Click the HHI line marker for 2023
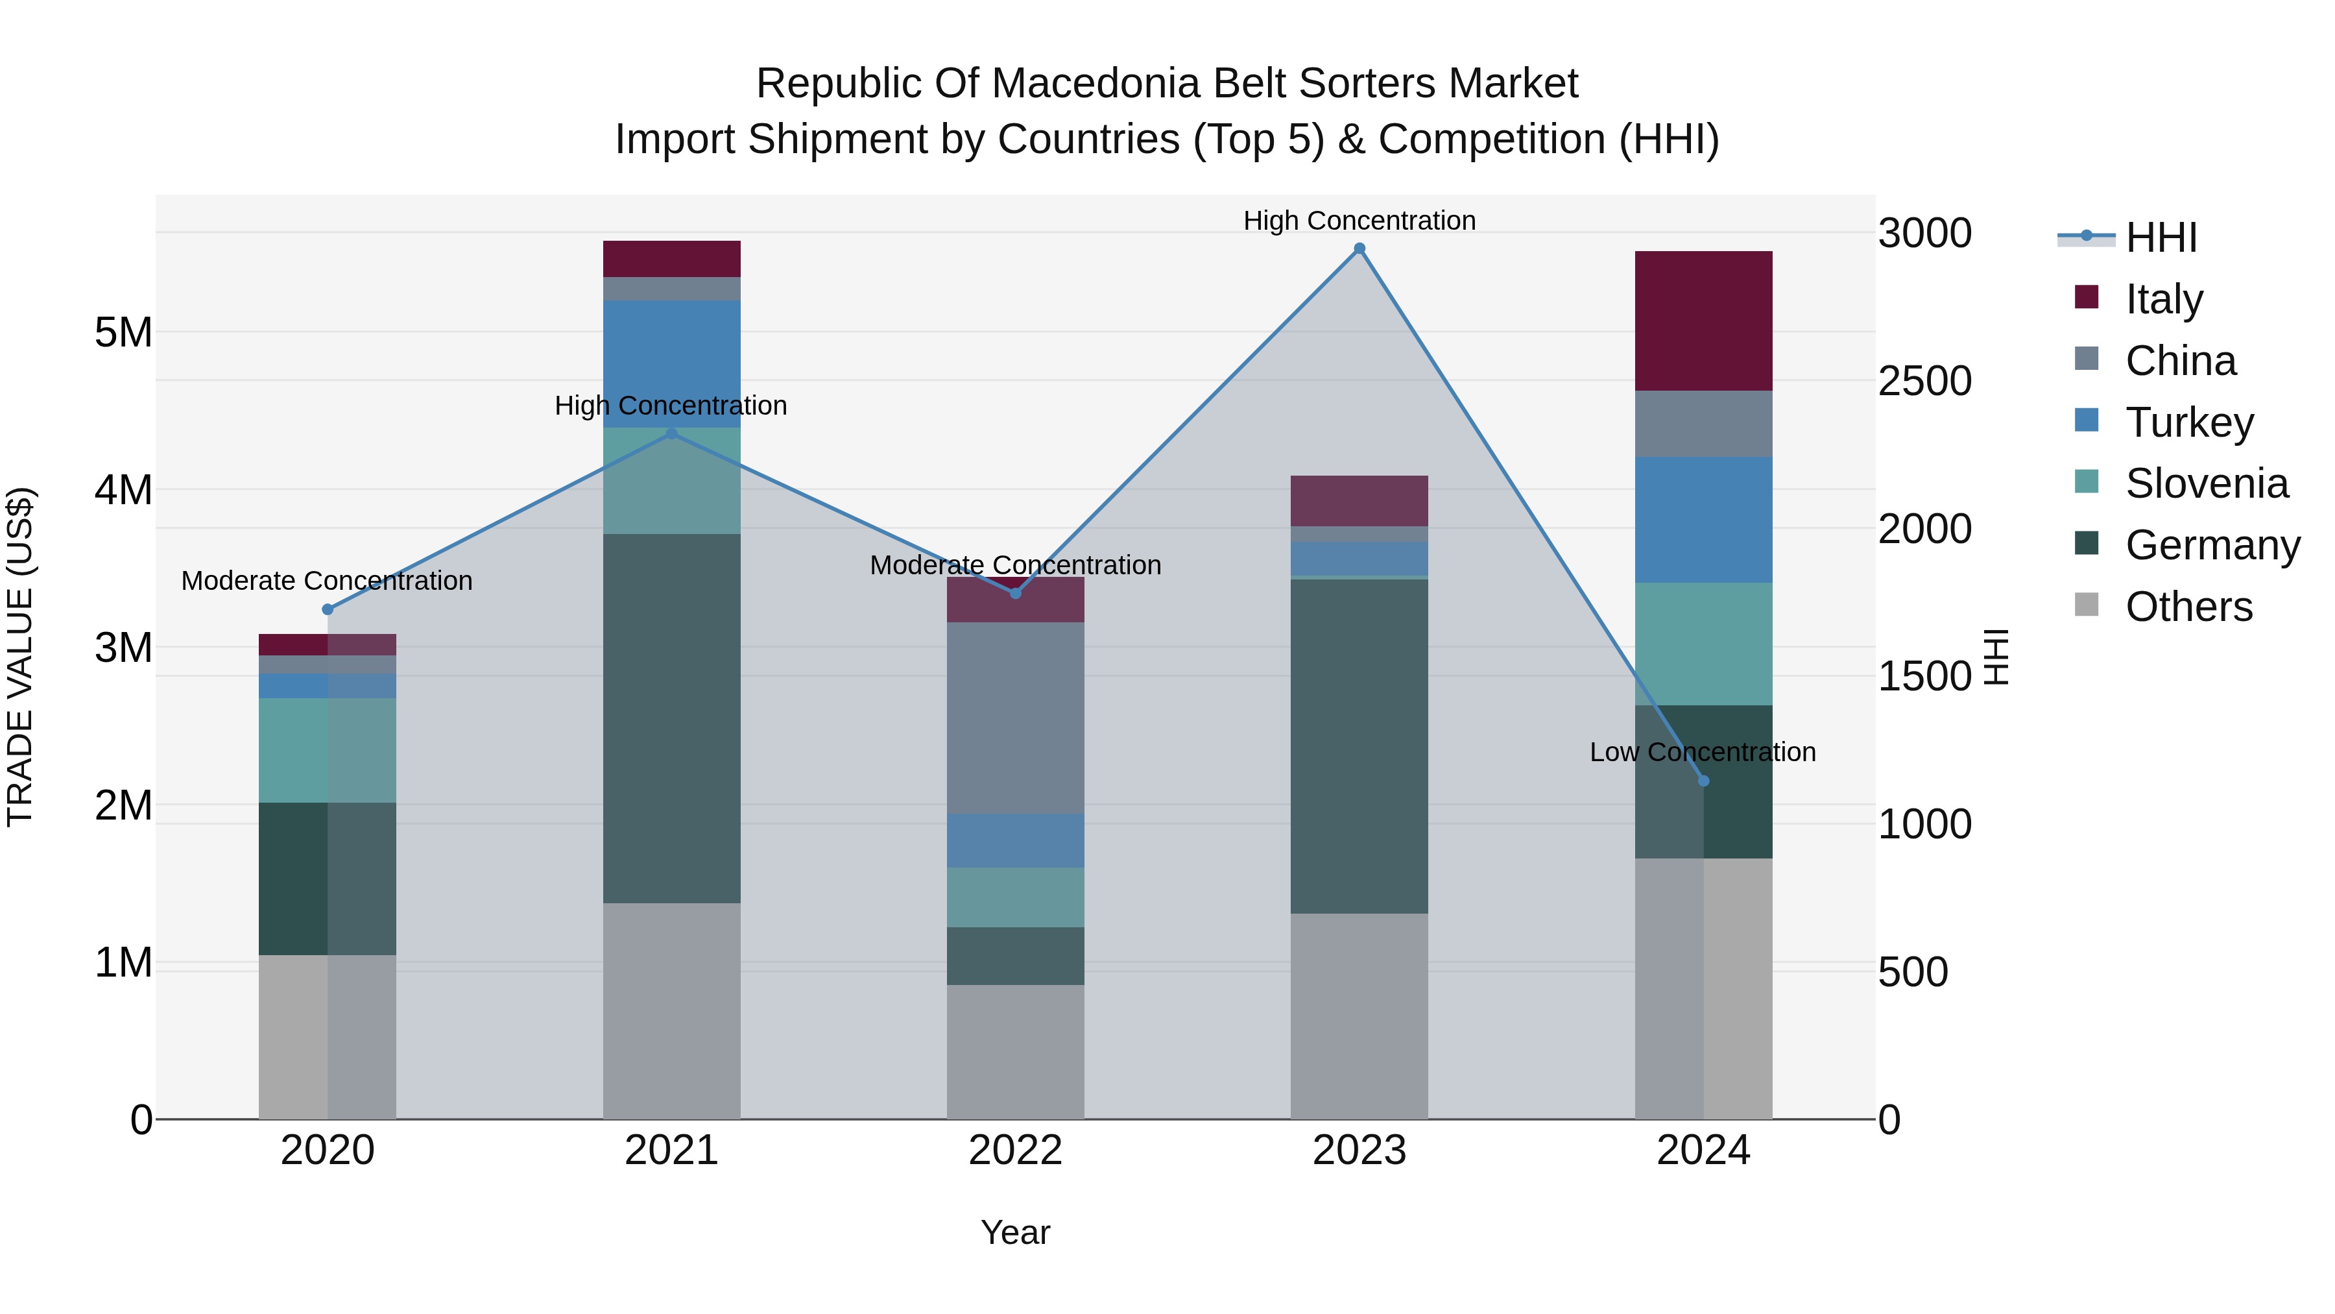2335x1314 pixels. pos(1359,249)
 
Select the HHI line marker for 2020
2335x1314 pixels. pos(328,609)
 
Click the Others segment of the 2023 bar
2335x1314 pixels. pos(1359,1016)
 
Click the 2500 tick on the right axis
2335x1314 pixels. pos(1924,381)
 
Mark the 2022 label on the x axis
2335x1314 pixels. pos(1015,1150)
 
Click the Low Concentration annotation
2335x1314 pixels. pos(1703,752)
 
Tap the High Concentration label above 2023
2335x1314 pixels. pos(1359,221)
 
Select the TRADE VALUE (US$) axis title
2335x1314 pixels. pos(20,657)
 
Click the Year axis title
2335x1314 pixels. pos(1015,1232)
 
